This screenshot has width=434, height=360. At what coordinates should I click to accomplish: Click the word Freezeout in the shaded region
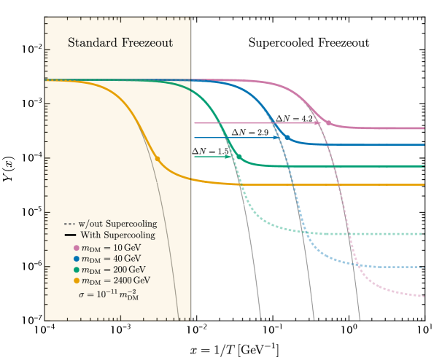[147, 43]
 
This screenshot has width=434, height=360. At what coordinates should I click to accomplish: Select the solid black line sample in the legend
[69, 235]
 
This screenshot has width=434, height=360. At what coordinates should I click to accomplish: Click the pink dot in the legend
[76, 248]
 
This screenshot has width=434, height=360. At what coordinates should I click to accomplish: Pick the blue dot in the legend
[76, 259]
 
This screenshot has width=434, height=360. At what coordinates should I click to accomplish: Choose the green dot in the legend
[76, 270]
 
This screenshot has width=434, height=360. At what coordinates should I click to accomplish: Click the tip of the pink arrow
[322, 123]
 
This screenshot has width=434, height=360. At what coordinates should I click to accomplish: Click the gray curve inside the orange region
[160, 219]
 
